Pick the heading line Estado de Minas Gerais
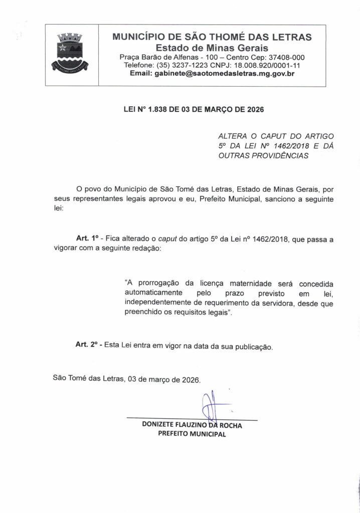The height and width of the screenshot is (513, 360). (x=212, y=48)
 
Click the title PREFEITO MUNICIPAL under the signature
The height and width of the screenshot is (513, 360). (x=192, y=434)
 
